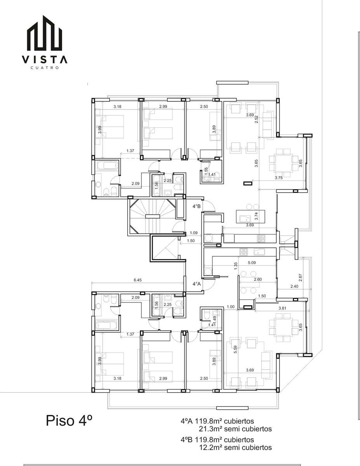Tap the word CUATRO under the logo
(45, 68)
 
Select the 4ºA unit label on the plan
(197, 284)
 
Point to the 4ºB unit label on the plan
(197, 206)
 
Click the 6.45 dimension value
(137, 280)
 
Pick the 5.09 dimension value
(252, 263)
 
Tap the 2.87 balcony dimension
(301, 278)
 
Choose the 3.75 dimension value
(279, 177)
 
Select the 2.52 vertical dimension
(256, 120)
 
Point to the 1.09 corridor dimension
(194, 233)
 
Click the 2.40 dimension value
(294, 286)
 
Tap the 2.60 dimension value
(257, 280)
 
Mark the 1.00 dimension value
(231, 307)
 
